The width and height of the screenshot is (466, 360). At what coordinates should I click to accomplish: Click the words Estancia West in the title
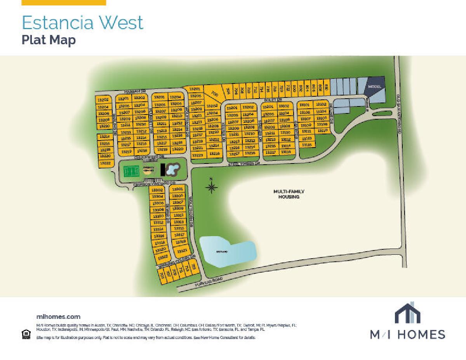click(82, 23)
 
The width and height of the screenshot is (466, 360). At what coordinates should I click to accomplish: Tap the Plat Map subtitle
click(49, 40)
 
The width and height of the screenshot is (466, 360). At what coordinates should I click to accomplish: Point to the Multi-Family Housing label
click(289, 194)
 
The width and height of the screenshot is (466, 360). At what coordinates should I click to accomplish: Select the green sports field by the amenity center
click(131, 170)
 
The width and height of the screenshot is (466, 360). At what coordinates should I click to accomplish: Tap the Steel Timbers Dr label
click(243, 164)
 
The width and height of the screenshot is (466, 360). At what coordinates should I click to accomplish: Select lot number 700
click(215, 93)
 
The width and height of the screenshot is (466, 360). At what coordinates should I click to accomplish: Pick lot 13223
click(198, 155)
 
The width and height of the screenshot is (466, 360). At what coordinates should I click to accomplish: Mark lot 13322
click(163, 257)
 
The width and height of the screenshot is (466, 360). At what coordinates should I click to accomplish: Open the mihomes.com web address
click(58, 317)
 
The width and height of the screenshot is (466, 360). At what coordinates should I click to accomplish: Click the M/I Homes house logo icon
click(407, 313)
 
